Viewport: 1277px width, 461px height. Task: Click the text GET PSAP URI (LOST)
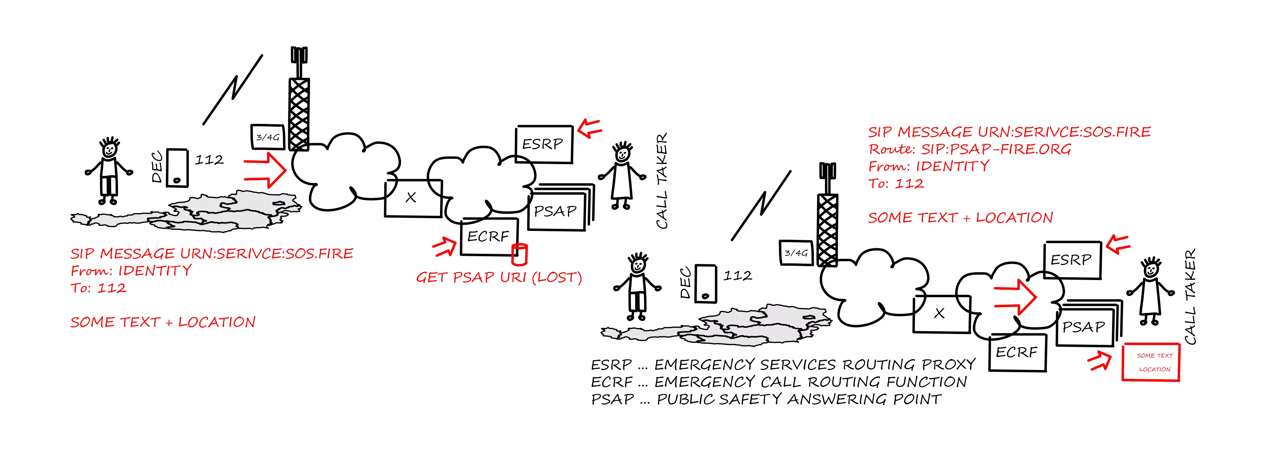coord(499,278)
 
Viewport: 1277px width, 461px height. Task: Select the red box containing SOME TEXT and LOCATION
coord(1151,362)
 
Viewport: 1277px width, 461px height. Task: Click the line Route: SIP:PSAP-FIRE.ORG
coord(970,149)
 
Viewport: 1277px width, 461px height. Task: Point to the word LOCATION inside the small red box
coord(1155,369)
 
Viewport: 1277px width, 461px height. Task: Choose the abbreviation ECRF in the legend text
coord(612,382)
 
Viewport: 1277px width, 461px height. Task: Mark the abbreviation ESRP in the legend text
coord(611,365)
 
